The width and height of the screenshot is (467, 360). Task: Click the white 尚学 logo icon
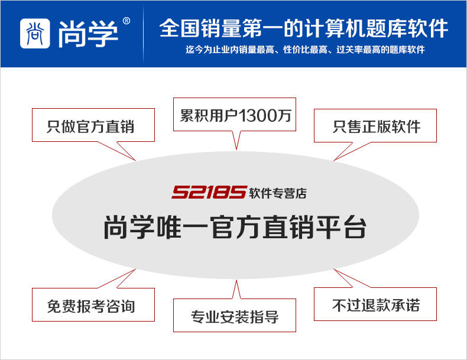[x=35, y=33]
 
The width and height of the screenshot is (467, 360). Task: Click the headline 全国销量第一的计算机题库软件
[x=303, y=28]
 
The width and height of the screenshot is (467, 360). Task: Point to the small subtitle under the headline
[x=305, y=50]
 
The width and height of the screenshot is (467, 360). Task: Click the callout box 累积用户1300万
[x=235, y=115]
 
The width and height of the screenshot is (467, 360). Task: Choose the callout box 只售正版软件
[x=376, y=126]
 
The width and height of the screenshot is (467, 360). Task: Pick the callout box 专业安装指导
[x=235, y=317]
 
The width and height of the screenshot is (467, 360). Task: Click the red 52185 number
[x=209, y=193]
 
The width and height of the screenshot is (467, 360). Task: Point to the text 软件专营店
[x=278, y=193]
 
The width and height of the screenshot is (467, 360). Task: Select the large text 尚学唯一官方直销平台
[x=235, y=228]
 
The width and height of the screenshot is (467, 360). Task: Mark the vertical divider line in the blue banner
[x=144, y=34]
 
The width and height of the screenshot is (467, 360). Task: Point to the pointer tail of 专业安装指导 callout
[x=236, y=290]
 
